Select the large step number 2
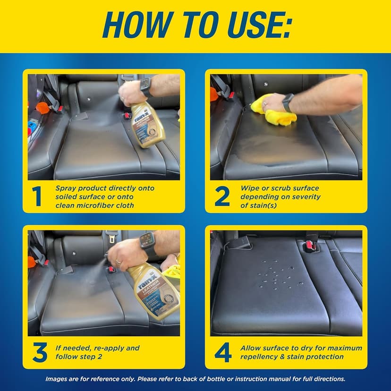pyautogui.click(x=222, y=196)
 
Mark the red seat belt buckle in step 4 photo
pyautogui.click(x=310, y=246)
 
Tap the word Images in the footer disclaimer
pyautogui.click(x=57, y=379)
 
